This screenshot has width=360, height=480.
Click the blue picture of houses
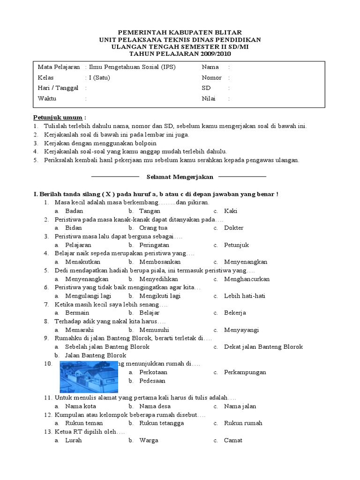pos(89,376)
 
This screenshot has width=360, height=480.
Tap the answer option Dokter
pos(233,228)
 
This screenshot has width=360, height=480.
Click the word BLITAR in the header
pos(225,32)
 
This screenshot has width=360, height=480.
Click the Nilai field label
pos(209,99)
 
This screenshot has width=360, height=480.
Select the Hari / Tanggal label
pos(58,88)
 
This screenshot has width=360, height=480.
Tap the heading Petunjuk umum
pos(58,117)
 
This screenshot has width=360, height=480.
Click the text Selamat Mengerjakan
pos(180,177)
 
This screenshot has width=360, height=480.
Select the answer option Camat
pos(233,440)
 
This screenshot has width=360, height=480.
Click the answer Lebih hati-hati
pos(245,296)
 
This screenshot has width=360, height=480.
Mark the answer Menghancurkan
pos(247,279)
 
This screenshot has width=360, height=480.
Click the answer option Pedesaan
pos(152,381)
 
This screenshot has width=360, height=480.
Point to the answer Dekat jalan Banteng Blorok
pos(263,347)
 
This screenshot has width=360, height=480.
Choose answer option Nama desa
pos(155,406)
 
